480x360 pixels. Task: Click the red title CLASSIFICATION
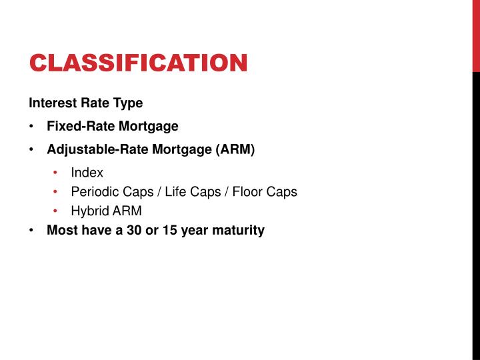[x=138, y=63]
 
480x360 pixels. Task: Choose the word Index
[x=87, y=173]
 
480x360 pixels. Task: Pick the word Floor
[x=247, y=192]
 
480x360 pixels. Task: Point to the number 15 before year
[x=169, y=231]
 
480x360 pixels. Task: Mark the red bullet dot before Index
[x=56, y=173]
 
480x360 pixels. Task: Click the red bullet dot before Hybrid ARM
[x=56, y=211]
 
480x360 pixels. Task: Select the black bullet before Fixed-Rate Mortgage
[x=32, y=126]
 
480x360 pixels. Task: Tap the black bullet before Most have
[x=32, y=231]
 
